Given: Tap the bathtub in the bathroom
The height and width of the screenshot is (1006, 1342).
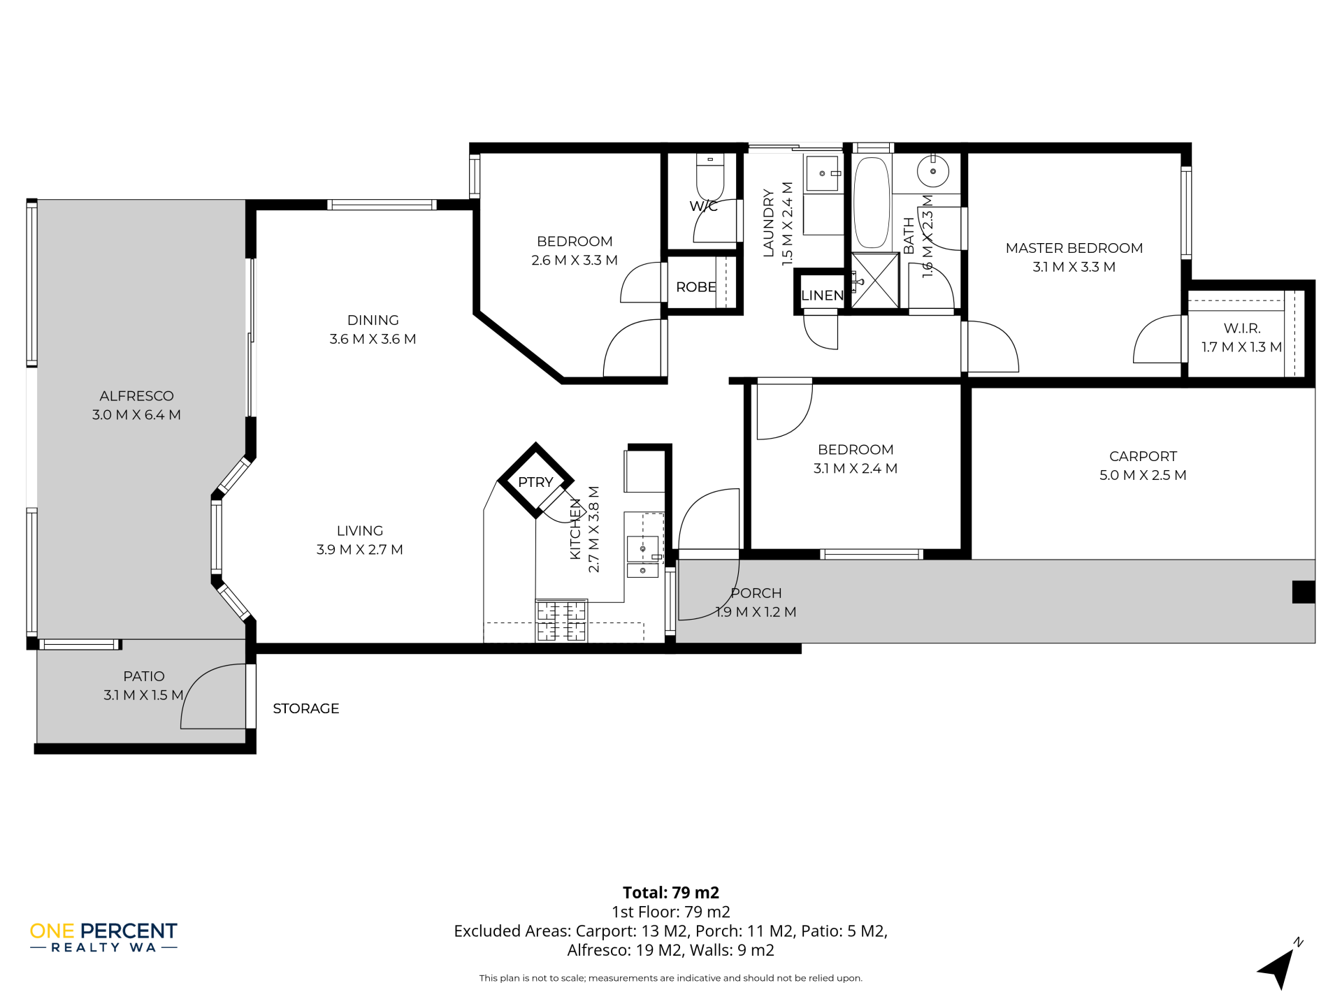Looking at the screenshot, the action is pos(872,202).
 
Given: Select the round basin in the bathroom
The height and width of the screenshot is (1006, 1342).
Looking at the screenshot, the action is pos(932,171).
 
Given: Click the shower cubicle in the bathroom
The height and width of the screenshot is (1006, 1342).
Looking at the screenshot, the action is pos(874,280).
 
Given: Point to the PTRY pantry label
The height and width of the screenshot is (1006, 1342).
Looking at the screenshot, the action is pos(535,482).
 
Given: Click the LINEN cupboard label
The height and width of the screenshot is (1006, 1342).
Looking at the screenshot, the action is pos(823,296).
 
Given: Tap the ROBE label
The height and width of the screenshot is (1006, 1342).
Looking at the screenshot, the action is pos(695,287).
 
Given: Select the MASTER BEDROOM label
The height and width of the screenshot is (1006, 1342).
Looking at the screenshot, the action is pos(1074,248).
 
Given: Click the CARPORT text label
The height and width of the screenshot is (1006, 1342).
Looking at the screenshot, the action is pos(1143,456).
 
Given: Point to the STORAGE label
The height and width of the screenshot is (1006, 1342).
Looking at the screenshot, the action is pos(306,708).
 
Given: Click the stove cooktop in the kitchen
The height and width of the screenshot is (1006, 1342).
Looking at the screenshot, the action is pos(561,621).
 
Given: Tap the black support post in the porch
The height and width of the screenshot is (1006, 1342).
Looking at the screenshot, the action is pos(1304,592).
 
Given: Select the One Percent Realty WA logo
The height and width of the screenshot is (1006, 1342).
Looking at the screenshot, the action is pos(103,937).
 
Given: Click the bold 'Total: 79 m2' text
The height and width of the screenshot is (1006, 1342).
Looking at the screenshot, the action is pos(671,892).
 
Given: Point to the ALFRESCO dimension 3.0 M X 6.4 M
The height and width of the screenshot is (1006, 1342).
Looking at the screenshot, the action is pos(136,415).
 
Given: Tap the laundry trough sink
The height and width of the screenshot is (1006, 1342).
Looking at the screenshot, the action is pos(823,174).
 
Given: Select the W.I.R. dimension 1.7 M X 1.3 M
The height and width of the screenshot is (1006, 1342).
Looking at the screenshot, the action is pos(1241,347).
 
